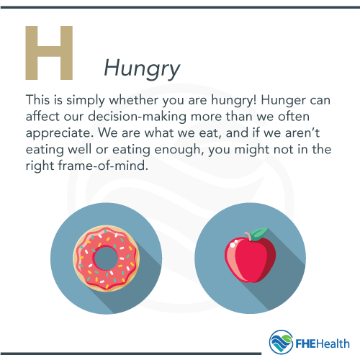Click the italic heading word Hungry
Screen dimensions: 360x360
pyautogui.click(x=142, y=68)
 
